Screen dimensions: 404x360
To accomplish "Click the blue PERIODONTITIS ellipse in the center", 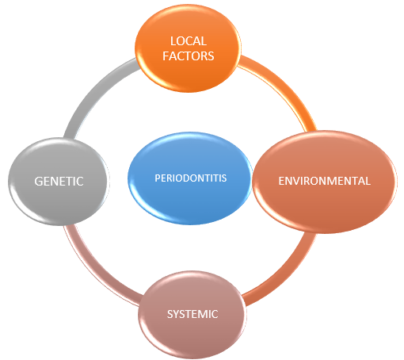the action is click(189, 178).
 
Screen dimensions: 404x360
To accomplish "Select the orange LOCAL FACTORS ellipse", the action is click(188, 48).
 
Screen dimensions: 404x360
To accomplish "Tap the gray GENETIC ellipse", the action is click(59, 182).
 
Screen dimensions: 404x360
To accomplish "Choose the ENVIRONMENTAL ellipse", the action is click(325, 182).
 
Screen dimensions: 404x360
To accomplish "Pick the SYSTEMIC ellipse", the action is click(192, 315).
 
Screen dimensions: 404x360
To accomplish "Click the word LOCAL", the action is click(189, 41).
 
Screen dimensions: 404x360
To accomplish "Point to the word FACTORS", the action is click(188, 56).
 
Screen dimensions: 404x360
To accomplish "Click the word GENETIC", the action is click(59, 182).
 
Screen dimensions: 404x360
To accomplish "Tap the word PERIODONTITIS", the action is click(190, 178).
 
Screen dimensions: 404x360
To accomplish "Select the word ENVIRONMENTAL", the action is click(325, 181).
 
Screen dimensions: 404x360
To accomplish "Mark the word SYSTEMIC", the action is click(192, 314).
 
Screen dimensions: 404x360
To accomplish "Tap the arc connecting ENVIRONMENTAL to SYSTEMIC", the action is click(287, 275).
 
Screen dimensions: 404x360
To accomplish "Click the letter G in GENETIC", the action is click(39, 182).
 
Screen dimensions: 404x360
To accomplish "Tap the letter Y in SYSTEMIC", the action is click(176, 314).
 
